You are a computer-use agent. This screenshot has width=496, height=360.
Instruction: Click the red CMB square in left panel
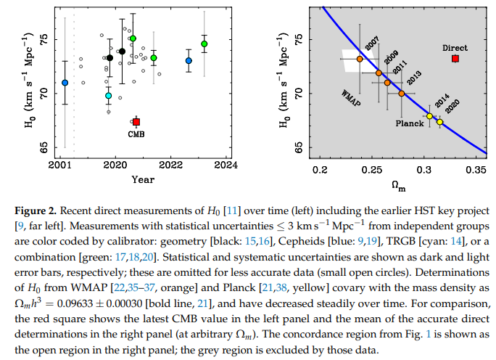tap(136, 122)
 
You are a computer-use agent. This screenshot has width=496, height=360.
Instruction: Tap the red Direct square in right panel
tap(455, 59)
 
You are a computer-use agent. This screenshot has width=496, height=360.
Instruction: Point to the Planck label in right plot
tap(410, 123)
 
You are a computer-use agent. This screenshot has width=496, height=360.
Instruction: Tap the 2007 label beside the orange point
tap(372, 46)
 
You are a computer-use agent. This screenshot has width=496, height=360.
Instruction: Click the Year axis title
tap(142, 179)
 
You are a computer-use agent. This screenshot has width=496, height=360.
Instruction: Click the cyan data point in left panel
tap(109, 96)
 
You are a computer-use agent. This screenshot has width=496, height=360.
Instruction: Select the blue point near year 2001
tap(65, 83)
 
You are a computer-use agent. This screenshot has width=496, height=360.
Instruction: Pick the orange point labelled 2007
tap(360, 59)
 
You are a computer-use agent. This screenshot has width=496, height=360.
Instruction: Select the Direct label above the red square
tap(455, 48)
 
